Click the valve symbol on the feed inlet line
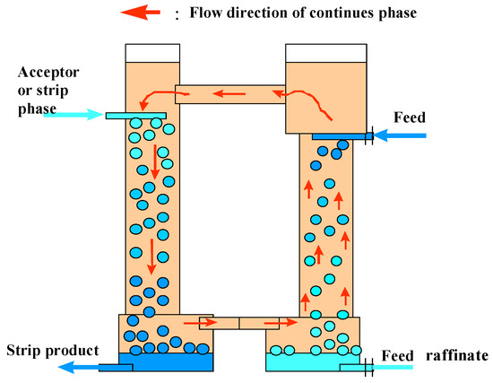click(369, 136)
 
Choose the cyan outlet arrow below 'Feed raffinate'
click(394, 367)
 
